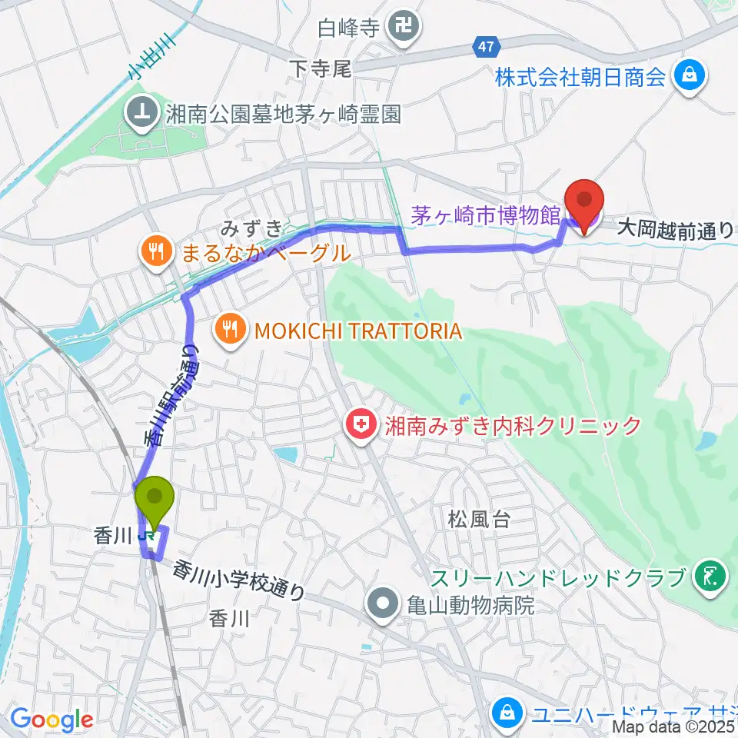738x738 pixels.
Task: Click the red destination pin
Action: click(x=583, y=201)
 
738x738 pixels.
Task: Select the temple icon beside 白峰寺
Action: click(x=403, y=29)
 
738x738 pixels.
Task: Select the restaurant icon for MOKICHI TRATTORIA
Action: click(x=229, y=331)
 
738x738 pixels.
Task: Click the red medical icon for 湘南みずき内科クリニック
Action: click(x=360, y=424)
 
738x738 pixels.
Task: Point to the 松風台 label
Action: click(x=479, y=520)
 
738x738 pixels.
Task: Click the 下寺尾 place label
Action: click(x=321, y=70)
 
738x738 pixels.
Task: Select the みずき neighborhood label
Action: click(x=243, y=228)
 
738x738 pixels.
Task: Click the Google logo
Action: click(x=51, y=720)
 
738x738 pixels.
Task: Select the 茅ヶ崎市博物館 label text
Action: click(x=484, y=216)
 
